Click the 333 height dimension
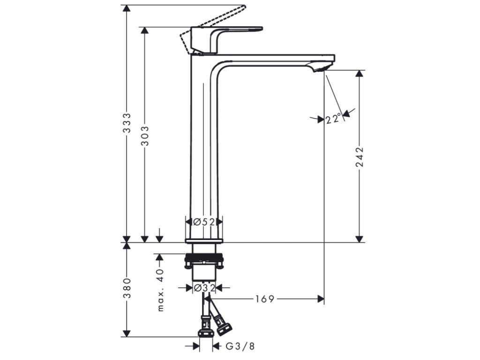tap(127, 123)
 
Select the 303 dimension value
tap(145, 135)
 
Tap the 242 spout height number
tap(360, 157)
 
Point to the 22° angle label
tap(333, 119)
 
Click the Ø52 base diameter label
tap(204, 222)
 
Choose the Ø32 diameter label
tap(204, 288)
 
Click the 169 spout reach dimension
tap(265, 299)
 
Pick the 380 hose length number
tap(127, 288)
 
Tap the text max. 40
tap(160, 290)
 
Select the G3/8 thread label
tap(240, 346)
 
